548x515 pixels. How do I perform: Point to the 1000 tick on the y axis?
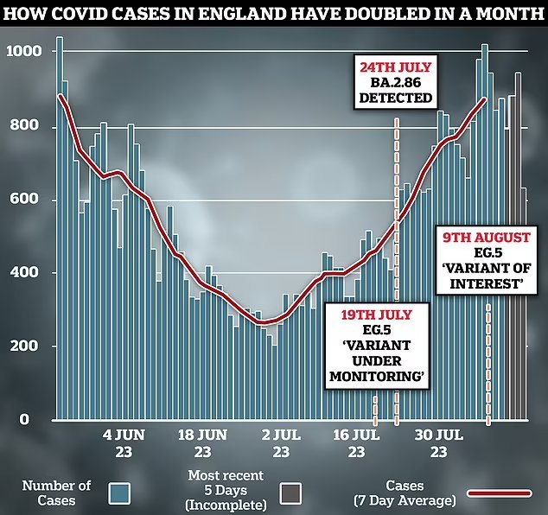tap(23, 52)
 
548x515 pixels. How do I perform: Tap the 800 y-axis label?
tap(27, 128)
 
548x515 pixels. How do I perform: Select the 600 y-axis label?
tap(27, 200)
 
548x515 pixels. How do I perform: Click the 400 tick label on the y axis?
tap(27, 273)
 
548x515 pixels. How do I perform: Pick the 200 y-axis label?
tap(27, 347)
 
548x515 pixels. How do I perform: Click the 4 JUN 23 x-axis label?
tap(121, 444)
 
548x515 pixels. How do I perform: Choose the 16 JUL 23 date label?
tap(356, 444)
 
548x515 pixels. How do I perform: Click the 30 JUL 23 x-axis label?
tap(438, 444)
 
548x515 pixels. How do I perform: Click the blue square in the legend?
tap(120, 492)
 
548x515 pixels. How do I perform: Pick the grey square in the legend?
tap(288, 492)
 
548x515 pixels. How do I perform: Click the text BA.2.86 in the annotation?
tap(396, 81)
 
